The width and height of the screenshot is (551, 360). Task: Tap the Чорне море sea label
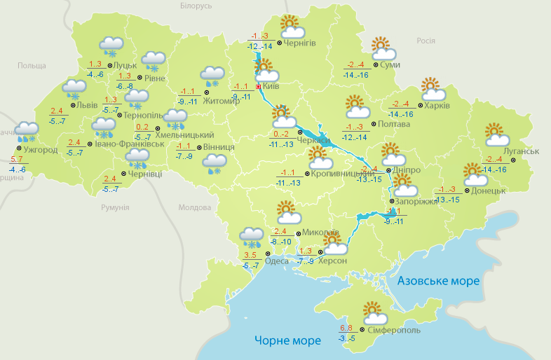click(x=287, y=340)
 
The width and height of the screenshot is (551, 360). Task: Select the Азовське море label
click(x=438, y=281)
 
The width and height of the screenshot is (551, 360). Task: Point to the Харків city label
click(x=437, y=106)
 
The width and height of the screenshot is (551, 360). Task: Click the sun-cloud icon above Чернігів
click(x=291, y=27)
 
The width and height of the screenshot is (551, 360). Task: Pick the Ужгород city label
click(x=40, y=150)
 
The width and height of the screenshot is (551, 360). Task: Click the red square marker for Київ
click(x=258, y=86)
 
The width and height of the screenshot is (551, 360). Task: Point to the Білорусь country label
click(x=196, y=6)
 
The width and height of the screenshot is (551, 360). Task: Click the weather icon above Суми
click(x=383, y=48)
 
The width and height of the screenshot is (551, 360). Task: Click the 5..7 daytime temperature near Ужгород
click(x=18, y=160)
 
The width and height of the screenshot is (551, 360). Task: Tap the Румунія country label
click(x=115, y=208)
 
